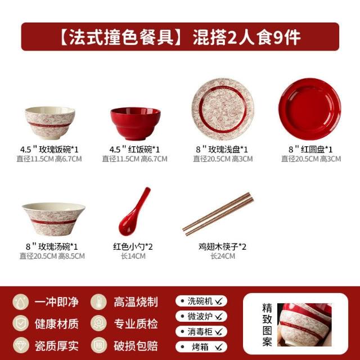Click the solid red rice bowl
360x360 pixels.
pyautogui.click(x=136, y=124)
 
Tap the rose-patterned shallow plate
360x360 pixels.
pyautogui.click(x=223, y=109)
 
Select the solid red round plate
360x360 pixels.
pyautogui.click(x=310, y=109)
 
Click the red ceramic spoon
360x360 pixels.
pyautogui.click(x=134, y=211)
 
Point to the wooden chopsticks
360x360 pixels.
pyautogui.click(x=218, y=214)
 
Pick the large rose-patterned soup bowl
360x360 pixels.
pyautogui.click(x=53, y=219)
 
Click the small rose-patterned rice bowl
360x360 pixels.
pyautogui.click(x=50, y=123)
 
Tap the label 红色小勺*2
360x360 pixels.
pyautogui.click(x=133, y=247)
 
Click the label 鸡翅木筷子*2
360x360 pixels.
pyautogui.click(x=223, y=247)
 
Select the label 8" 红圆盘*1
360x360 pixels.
pyautogui.click(x=310, y=150)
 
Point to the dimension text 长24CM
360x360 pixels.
pyautogui.click(x=223, y=256)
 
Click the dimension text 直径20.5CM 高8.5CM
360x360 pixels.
pyautogui.click(x=52, y=256)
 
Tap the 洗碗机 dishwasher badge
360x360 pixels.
pyautogui.click(x=201, y=301)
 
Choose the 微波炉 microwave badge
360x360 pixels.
pyautogui.click(x=201, y=316)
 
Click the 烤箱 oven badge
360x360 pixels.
pyautogui.click(x=201, y=347)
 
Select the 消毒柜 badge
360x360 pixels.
pyautogui.click(x=201, y=331)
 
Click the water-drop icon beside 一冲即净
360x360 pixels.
pyautogui.click(x=21, y=302)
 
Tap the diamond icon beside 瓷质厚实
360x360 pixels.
pyautogui.click(x=21, y=345)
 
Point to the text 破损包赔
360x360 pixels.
pyautogui.click(x=136, y=346)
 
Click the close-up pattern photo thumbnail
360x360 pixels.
pyautogui.click(x=304, y=325)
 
